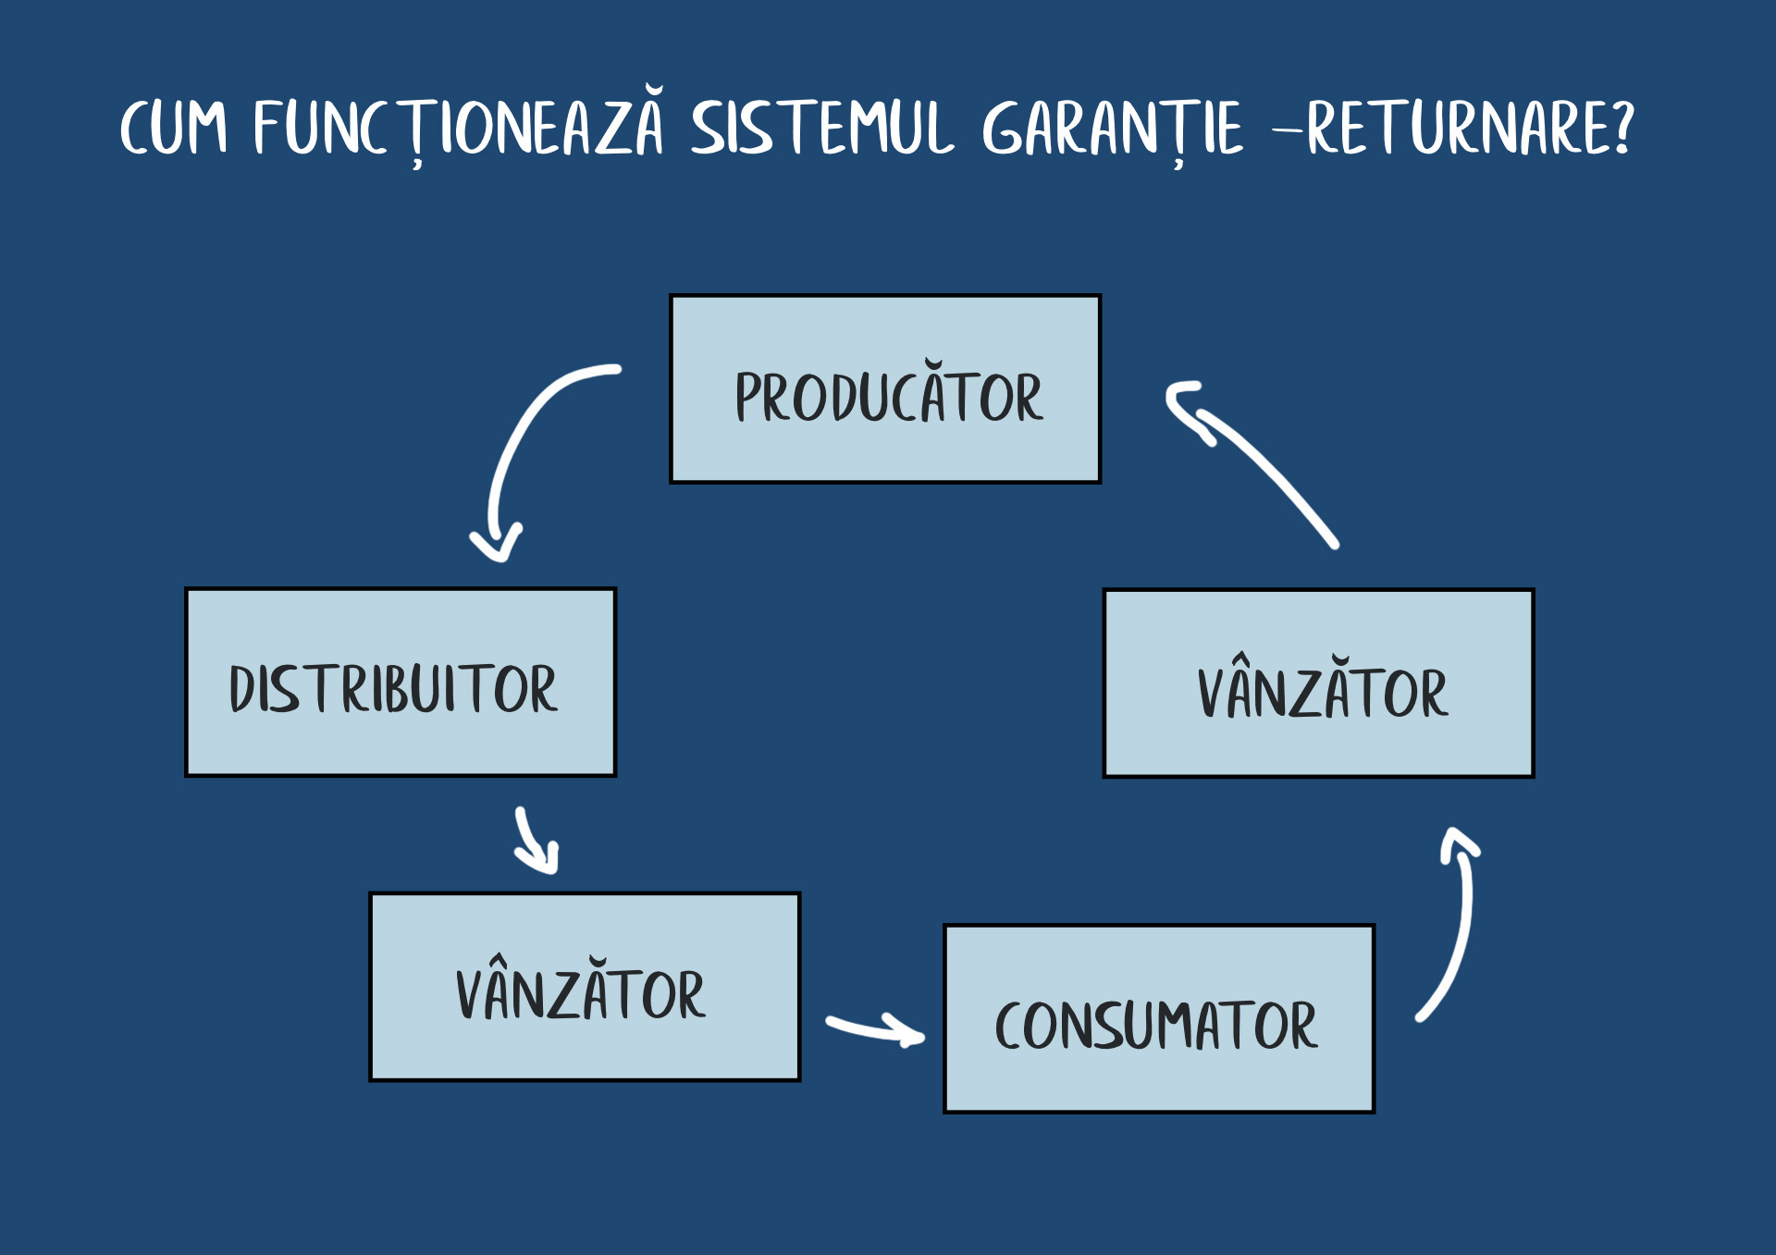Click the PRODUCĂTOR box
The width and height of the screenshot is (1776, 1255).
pyautogui.click(x=885, y=388)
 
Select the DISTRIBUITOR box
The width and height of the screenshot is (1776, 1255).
pyautogui.click(x=401, y=682)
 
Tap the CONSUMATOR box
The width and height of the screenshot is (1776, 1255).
pyautogui.click(x=1159, y=1018)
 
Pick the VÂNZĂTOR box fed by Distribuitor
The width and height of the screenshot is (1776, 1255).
pyautogui.click(x=585, y=987)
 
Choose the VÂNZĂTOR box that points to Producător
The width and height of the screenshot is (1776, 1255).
pyautogui.click(x=1318, y=683)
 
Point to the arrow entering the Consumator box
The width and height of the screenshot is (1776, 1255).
pyautogui.click(x=875, y=1029)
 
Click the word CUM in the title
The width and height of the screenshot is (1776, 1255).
pyautogui.click(x=173, y=127)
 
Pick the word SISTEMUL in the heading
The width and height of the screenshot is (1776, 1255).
pyautogui.click(x=822, y=127)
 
